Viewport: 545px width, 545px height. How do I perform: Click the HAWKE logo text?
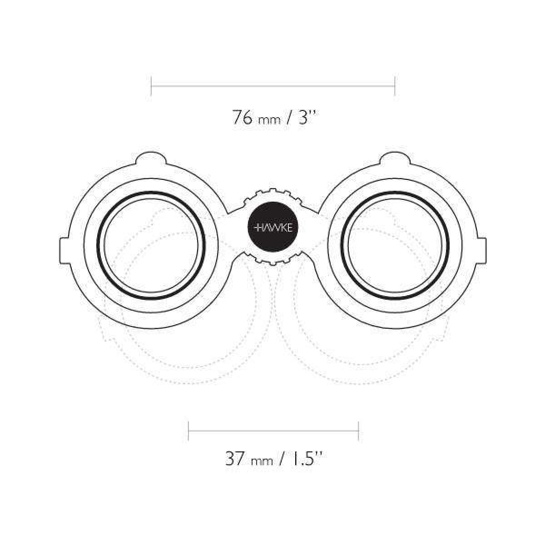point(272,228)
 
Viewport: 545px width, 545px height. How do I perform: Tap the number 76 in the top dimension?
point(242,117)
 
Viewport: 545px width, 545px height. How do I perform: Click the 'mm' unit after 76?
point(269,120)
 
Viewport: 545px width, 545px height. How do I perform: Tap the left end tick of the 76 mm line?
point(151,85)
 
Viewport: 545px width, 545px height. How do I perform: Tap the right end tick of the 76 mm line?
point(395,85)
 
